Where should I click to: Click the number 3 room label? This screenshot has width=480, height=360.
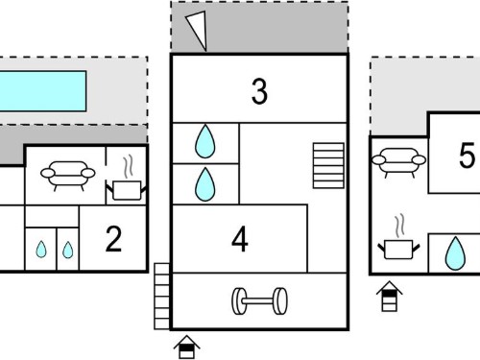[x=259, y=91]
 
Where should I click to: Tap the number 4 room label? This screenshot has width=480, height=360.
[x=240, y=239]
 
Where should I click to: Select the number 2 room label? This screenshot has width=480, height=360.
[x=113, y=239]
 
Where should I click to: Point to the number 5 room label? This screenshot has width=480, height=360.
[x=467, y=156]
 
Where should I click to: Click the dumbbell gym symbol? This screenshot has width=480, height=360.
[x=259, y=300]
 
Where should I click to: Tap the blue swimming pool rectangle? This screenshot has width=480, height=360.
[x=42, y=91]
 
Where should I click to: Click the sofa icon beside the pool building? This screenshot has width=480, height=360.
[x=68, y=176]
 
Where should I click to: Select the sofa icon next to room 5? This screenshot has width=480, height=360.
[x=398, y=162]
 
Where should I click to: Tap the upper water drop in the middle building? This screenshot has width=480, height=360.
[x=205, y=141]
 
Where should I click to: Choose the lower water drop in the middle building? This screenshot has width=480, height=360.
[x=205, y=184]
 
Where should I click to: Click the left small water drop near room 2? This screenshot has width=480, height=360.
[x=41, y=250]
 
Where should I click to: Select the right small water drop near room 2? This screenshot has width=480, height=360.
[x=67, y=250]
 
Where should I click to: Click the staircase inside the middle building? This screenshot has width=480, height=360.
[x=328, y=165]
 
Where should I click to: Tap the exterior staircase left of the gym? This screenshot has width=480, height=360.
[x=162, y=297]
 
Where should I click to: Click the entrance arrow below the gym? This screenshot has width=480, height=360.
[x=187, y=347]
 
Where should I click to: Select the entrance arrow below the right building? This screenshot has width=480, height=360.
[x=390, y=297]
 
